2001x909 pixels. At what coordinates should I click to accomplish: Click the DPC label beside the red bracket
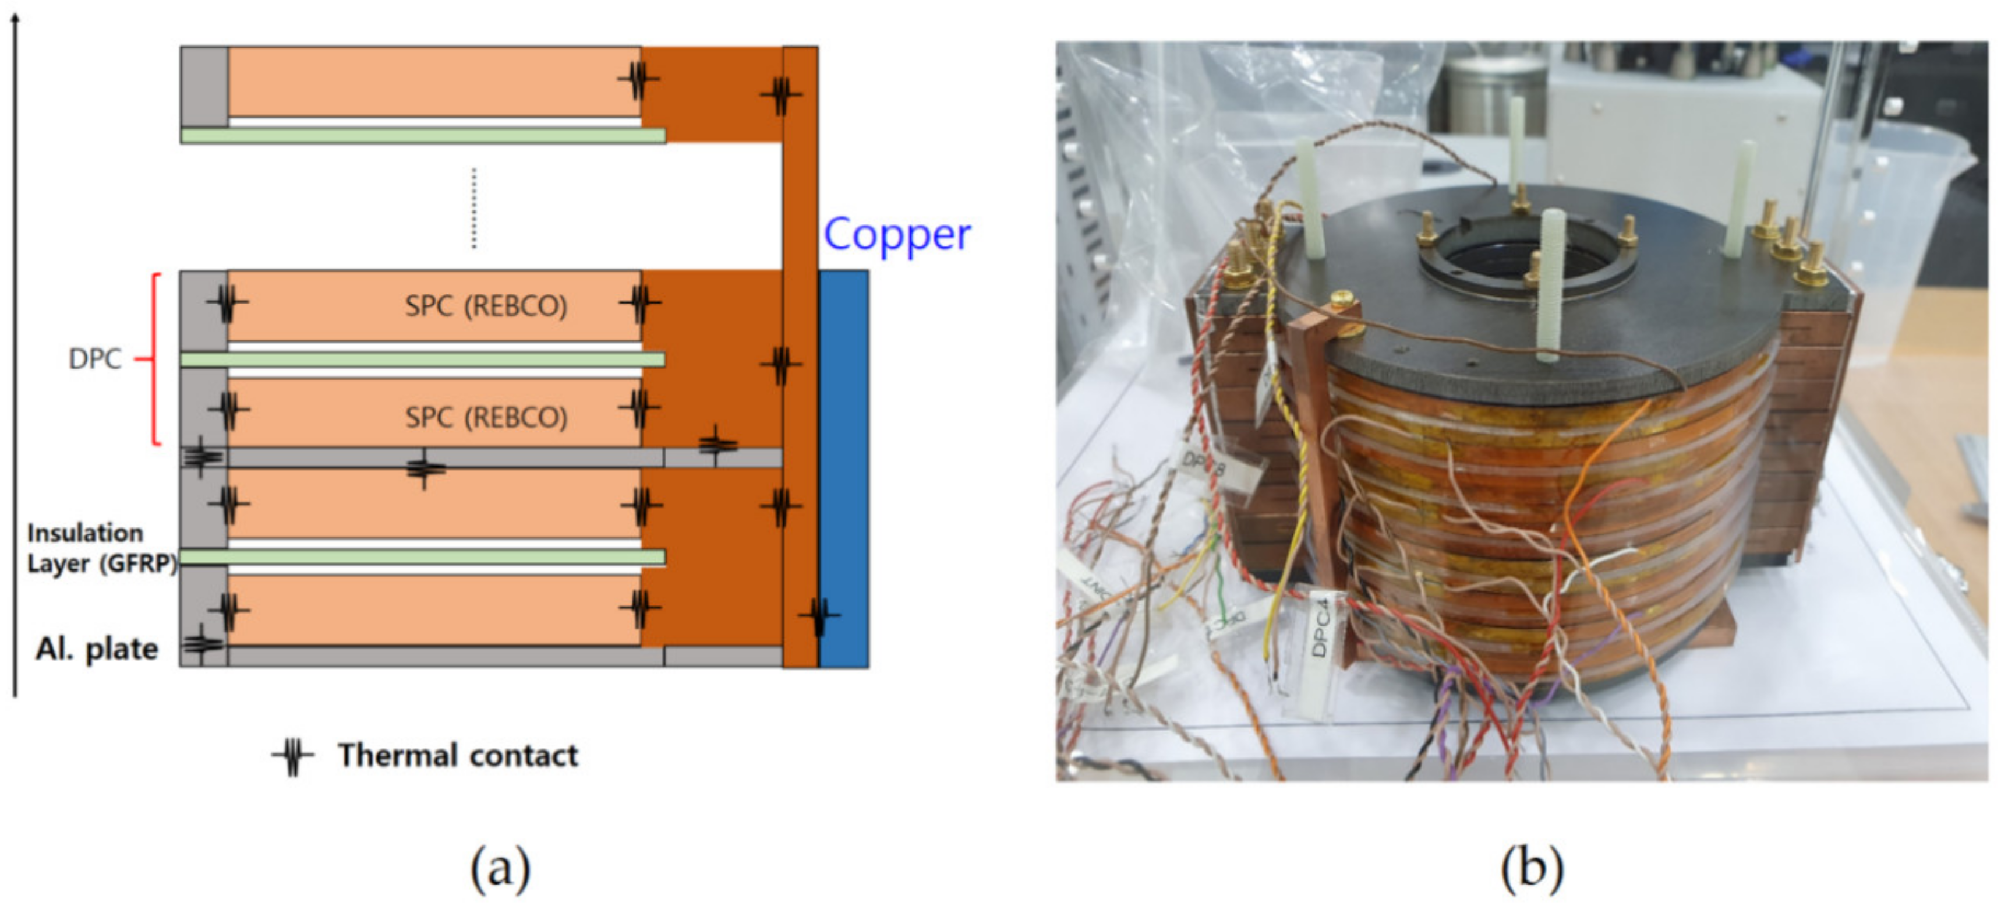point(95,359)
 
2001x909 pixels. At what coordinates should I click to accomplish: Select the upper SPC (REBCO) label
point(486,306)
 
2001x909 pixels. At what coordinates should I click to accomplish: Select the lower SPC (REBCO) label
point(486,417)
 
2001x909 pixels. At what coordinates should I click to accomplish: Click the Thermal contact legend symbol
point(292,755)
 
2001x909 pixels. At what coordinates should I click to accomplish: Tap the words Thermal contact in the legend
point(458,755)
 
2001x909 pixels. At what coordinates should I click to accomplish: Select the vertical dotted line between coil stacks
point(474,208)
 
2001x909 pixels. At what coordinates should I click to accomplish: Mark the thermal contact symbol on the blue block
point(818,615)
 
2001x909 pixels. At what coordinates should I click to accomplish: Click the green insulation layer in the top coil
point(423,135)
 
